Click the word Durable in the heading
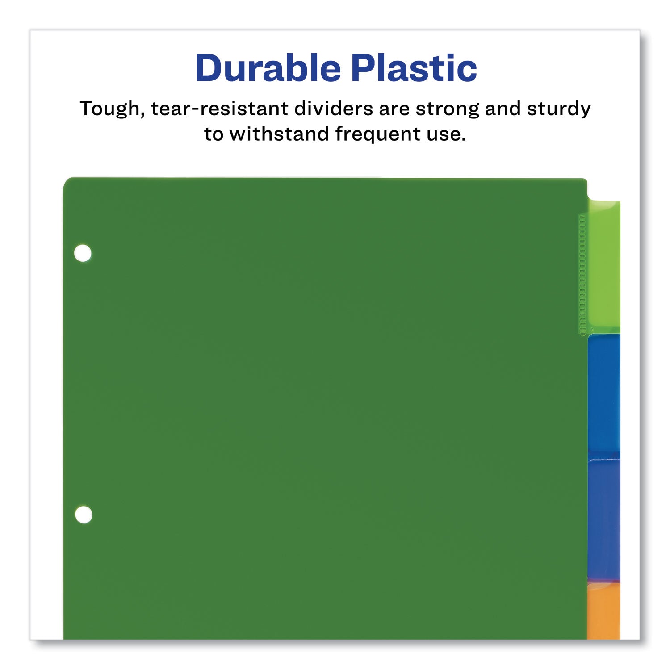268,68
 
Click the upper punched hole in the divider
83,253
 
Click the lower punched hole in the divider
84,515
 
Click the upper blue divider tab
603,393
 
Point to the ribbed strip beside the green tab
582,274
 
